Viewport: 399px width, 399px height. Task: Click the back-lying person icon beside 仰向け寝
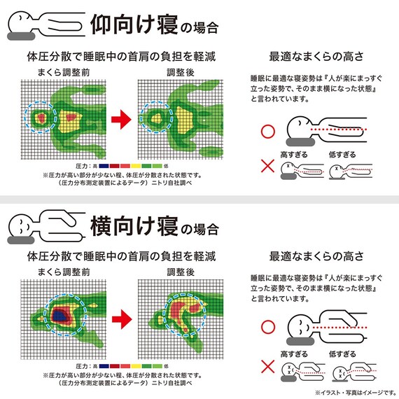coord(43,24)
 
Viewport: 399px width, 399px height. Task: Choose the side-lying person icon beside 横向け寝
coord(43,225)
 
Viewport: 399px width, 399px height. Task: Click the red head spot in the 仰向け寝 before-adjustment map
coord(42,116)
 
